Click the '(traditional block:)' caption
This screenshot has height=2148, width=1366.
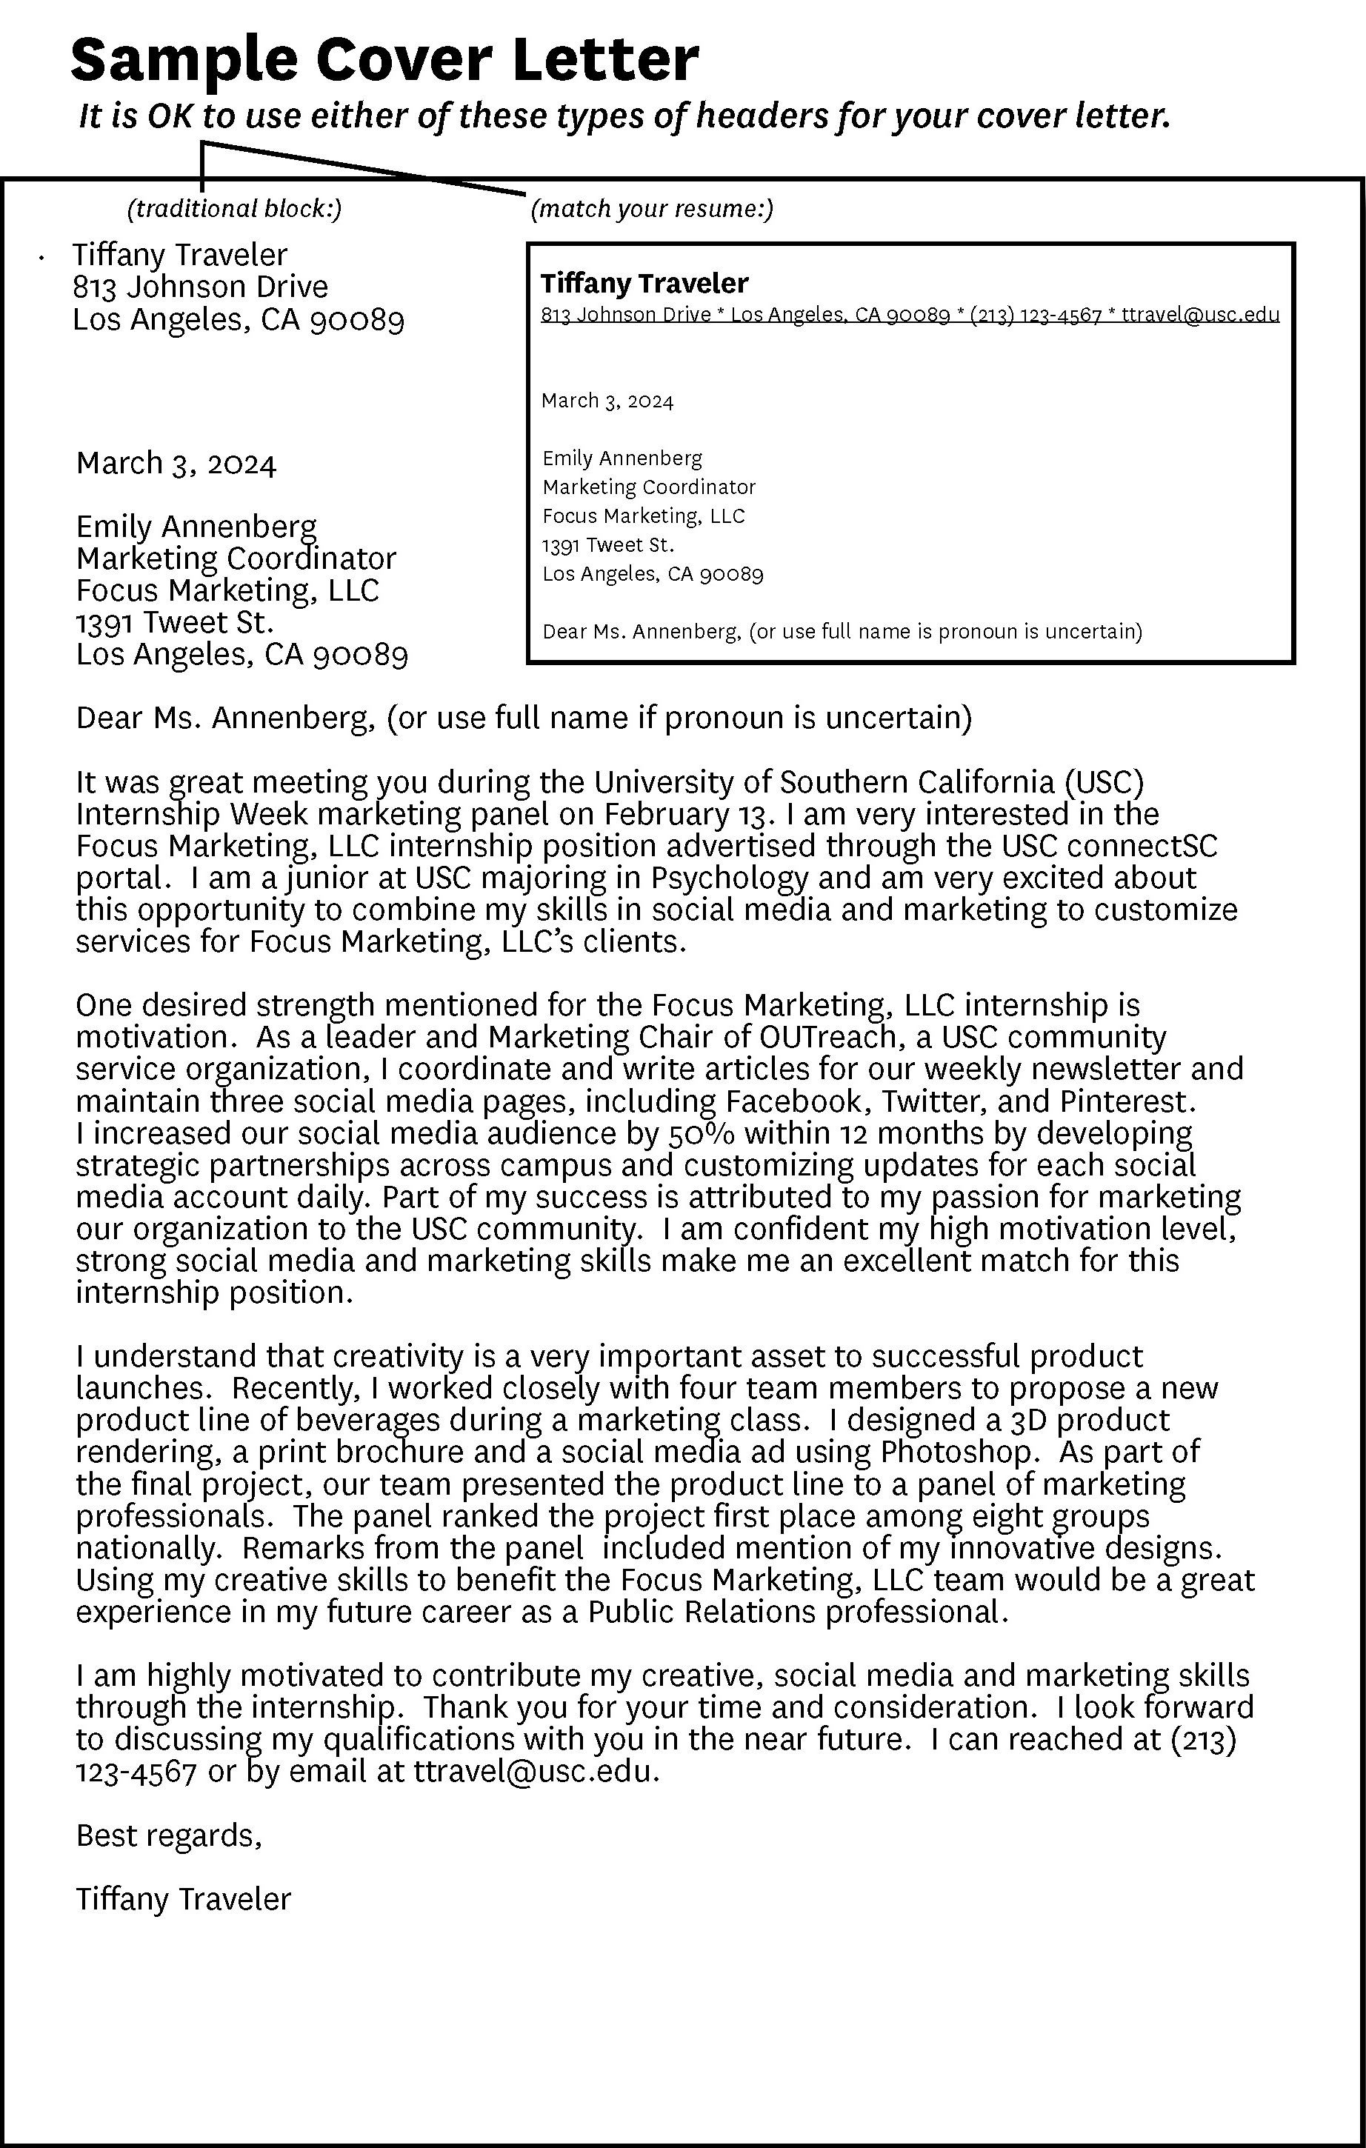click(x=235, y=209)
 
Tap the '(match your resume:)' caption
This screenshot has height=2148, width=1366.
click(x=651, y=209)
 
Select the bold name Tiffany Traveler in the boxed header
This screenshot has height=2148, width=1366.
click(x=644, y=284)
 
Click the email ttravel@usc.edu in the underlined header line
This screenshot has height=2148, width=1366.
click(x=1200, y=315)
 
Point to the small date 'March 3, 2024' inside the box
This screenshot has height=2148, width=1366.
click(x=607, y=401)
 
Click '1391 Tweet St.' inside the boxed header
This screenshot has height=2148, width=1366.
click(x=607, y=544)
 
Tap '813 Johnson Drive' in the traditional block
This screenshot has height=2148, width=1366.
click(x=200, y=287)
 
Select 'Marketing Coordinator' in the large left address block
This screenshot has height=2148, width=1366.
click(x=236, y=558)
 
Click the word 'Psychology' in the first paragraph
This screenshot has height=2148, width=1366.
click(x=729, y=878)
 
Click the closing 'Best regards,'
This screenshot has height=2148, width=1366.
click(x=169, y=1835)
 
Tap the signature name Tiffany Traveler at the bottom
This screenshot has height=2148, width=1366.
click(x=183, y=1899)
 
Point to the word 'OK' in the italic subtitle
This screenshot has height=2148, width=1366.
click(x=170, y=116)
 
